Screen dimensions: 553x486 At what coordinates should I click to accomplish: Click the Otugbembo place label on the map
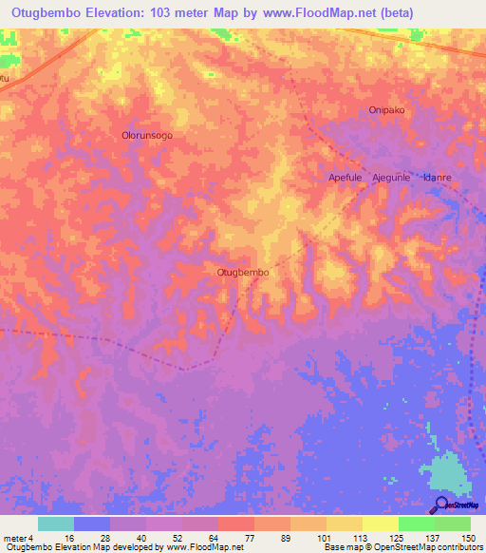click(x=243, y=273)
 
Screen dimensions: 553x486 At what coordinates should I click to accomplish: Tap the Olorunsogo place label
click(x=147, y=136)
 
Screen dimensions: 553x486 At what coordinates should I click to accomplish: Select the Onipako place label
click(x=386, y=110)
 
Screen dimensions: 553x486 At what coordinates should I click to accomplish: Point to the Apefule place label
click(x=346, y=178)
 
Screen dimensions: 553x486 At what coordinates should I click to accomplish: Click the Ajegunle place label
click(x=391, y=178)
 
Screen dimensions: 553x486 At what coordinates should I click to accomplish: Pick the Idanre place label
click(x=437, y=178)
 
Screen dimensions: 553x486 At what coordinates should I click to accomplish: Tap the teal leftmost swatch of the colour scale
click(x=56, y=524)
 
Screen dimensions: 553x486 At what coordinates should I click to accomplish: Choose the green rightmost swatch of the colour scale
click(x=453, y=524)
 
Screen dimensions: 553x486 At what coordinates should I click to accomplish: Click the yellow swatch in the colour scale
click(x=381, y=524)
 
